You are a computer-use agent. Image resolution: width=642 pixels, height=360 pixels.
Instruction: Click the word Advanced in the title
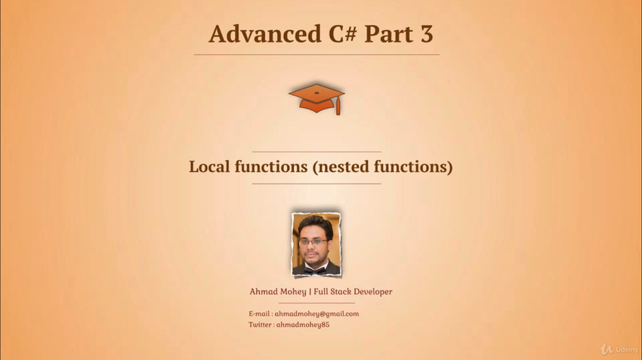pyautogui.click(x=265, y=33)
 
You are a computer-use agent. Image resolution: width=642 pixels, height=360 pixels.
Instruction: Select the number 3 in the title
pyautogui.click(x=426, y=34)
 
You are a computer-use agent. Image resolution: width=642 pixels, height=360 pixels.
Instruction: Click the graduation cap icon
pyautogui.click(x=316, y=99)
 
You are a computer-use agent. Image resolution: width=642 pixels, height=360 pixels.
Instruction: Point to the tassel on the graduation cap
pyautogui.click(x=338, y=106)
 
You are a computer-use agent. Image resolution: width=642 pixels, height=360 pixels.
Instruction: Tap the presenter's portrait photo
pyautogui.click(x=316, y=244)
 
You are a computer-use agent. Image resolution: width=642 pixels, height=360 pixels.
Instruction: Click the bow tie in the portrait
pyautogui.click(x=315, y=270)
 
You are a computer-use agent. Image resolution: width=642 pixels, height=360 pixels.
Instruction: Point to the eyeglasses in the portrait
pyautogui.click(x=313, y=242)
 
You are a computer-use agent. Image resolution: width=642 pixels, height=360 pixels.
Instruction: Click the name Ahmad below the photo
pyautogui.click(x=262, y=291)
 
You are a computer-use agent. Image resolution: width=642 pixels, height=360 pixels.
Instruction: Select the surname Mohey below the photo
pyautogui.click(x=292, y=292)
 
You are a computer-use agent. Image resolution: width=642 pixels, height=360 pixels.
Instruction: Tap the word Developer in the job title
pyautogui.click(x=372, y=292)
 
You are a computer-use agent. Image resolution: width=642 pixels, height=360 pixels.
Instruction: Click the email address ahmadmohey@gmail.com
pyautogui.click(x=317, y=314)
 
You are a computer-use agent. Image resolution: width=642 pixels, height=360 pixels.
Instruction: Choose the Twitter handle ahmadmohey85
pyautogui.click(x=303, y=325)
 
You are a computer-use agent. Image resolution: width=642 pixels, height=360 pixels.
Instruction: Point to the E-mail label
pyautogui.click(x=259, y=314)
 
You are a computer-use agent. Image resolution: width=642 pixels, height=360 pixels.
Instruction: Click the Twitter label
pyautogui.click(x=260, y=325)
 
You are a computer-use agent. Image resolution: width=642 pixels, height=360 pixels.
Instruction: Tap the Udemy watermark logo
pyautogui.click(x=619, y=349)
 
